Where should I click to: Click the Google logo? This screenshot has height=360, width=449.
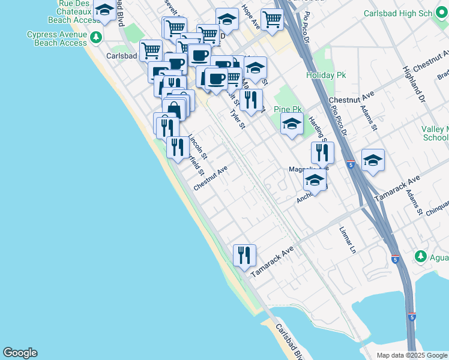click(20, 353)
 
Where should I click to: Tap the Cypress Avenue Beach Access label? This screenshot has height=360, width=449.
click(57, 39)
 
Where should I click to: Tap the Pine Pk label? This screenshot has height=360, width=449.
click(287, 109)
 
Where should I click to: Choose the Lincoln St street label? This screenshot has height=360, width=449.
click(197, 146)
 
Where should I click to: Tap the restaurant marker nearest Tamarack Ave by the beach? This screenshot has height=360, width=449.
click(244, 254)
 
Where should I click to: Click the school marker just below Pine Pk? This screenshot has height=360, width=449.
click(292, 125)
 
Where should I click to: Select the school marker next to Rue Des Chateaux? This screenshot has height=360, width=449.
click(104, 11)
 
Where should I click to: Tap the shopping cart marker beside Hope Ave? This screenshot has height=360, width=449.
click(272, 19)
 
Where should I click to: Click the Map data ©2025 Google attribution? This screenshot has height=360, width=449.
click(411, 355)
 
